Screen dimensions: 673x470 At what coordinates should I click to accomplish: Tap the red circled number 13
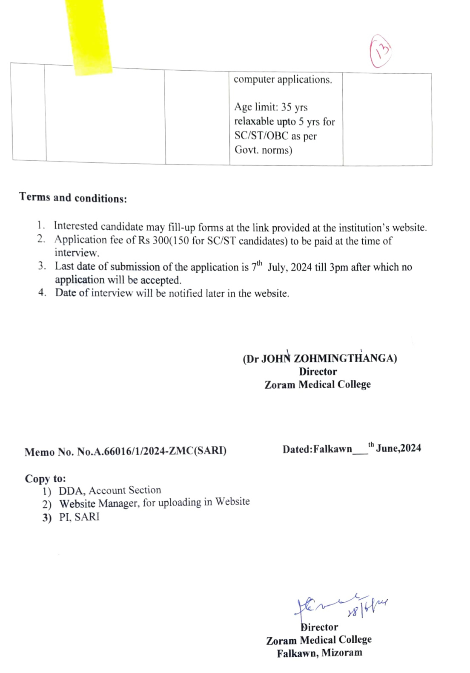(380, 52)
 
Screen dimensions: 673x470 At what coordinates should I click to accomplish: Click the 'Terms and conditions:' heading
(73, 198)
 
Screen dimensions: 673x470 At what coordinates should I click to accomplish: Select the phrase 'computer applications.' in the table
(283, 80)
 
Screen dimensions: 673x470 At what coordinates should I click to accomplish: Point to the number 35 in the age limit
(286, 107)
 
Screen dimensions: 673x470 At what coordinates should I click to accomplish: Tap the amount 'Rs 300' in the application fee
(153, 240)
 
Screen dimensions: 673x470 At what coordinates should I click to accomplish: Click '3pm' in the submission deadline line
(338, 267)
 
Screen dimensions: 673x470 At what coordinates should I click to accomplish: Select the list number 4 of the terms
(42, 292)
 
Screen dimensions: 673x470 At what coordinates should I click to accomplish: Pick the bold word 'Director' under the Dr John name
(318, 372)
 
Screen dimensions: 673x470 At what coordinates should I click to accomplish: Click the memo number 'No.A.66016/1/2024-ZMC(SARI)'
(152, 451)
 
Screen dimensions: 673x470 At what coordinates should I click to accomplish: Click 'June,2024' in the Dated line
(398, 448)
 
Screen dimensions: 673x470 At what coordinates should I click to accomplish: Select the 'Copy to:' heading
(45, 479)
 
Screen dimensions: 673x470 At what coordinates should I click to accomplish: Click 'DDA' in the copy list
(72, 491)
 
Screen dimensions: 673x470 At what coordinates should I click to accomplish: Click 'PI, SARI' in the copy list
(79, 517)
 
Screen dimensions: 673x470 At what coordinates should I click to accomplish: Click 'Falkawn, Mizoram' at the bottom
(319, 653)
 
